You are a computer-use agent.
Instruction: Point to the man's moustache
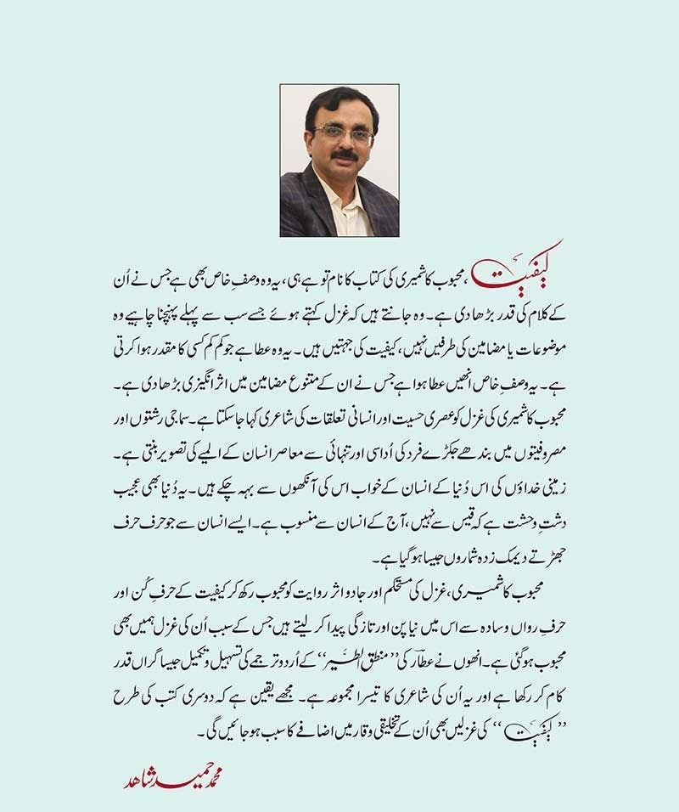(344, 156)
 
